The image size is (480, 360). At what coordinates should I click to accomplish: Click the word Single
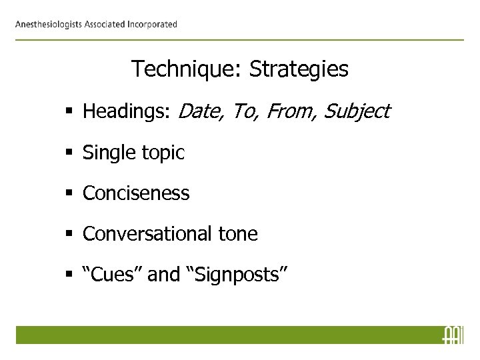tap(106, 153)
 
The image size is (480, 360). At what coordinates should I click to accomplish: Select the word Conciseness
tap(136, 193)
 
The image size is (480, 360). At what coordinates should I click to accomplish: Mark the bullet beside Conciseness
tap(71, 194)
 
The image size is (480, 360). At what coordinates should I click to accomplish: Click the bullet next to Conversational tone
tap(71, 235)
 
